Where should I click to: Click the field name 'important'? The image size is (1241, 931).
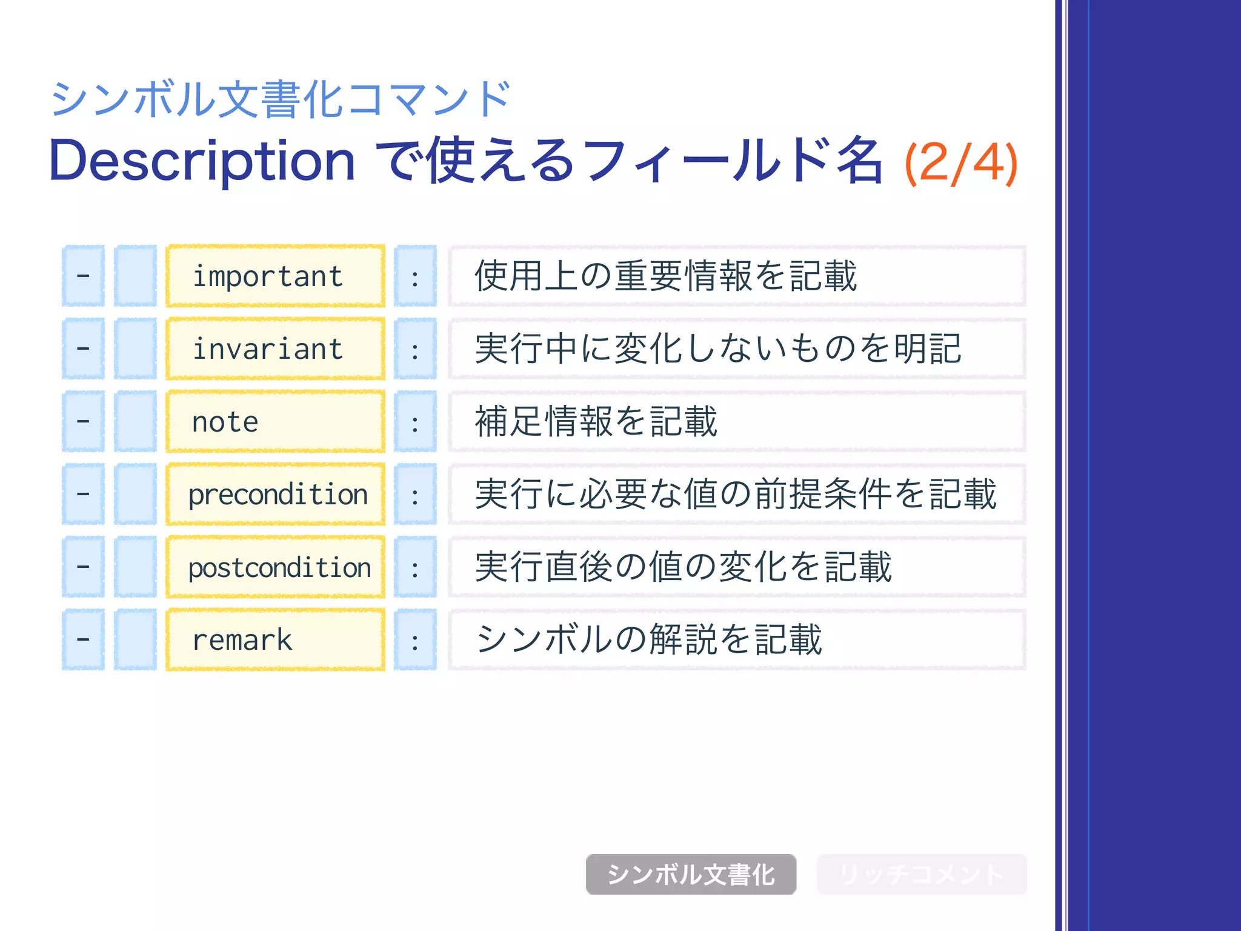click(x=275, y=276)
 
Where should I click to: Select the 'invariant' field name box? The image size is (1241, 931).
click(x=275, y=349)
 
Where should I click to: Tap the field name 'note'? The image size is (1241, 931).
click(x=275, y=422)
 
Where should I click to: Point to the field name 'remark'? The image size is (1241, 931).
click(x=275, y=640)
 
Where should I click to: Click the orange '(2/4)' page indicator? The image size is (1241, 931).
click(x=960, y=162)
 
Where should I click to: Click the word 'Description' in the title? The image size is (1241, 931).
click(x=202, y=161)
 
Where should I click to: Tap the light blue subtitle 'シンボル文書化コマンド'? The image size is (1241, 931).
click(x=281, y=99)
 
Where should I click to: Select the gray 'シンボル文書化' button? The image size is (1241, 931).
click(x=691, y=874)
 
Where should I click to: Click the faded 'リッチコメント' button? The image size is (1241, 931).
click(x=922, y=874)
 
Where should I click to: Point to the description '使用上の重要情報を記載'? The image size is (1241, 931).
click(x=665, y=276)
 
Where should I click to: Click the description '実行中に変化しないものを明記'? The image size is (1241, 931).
click(x=718, y=349)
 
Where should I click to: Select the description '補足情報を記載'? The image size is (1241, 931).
click(x=596, y=422)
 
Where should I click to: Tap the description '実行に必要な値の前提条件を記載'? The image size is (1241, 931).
click(x=736, y=495)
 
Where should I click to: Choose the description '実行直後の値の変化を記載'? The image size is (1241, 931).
click(x=683, y=567)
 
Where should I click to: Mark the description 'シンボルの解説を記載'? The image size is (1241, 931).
click(x=648, y=640)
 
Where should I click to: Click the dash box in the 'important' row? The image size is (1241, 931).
click(x=83, y=276)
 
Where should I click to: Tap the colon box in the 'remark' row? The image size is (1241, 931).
click(x=415, y=640)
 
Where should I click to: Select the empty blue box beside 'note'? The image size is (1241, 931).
click(x=135, y=422)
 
